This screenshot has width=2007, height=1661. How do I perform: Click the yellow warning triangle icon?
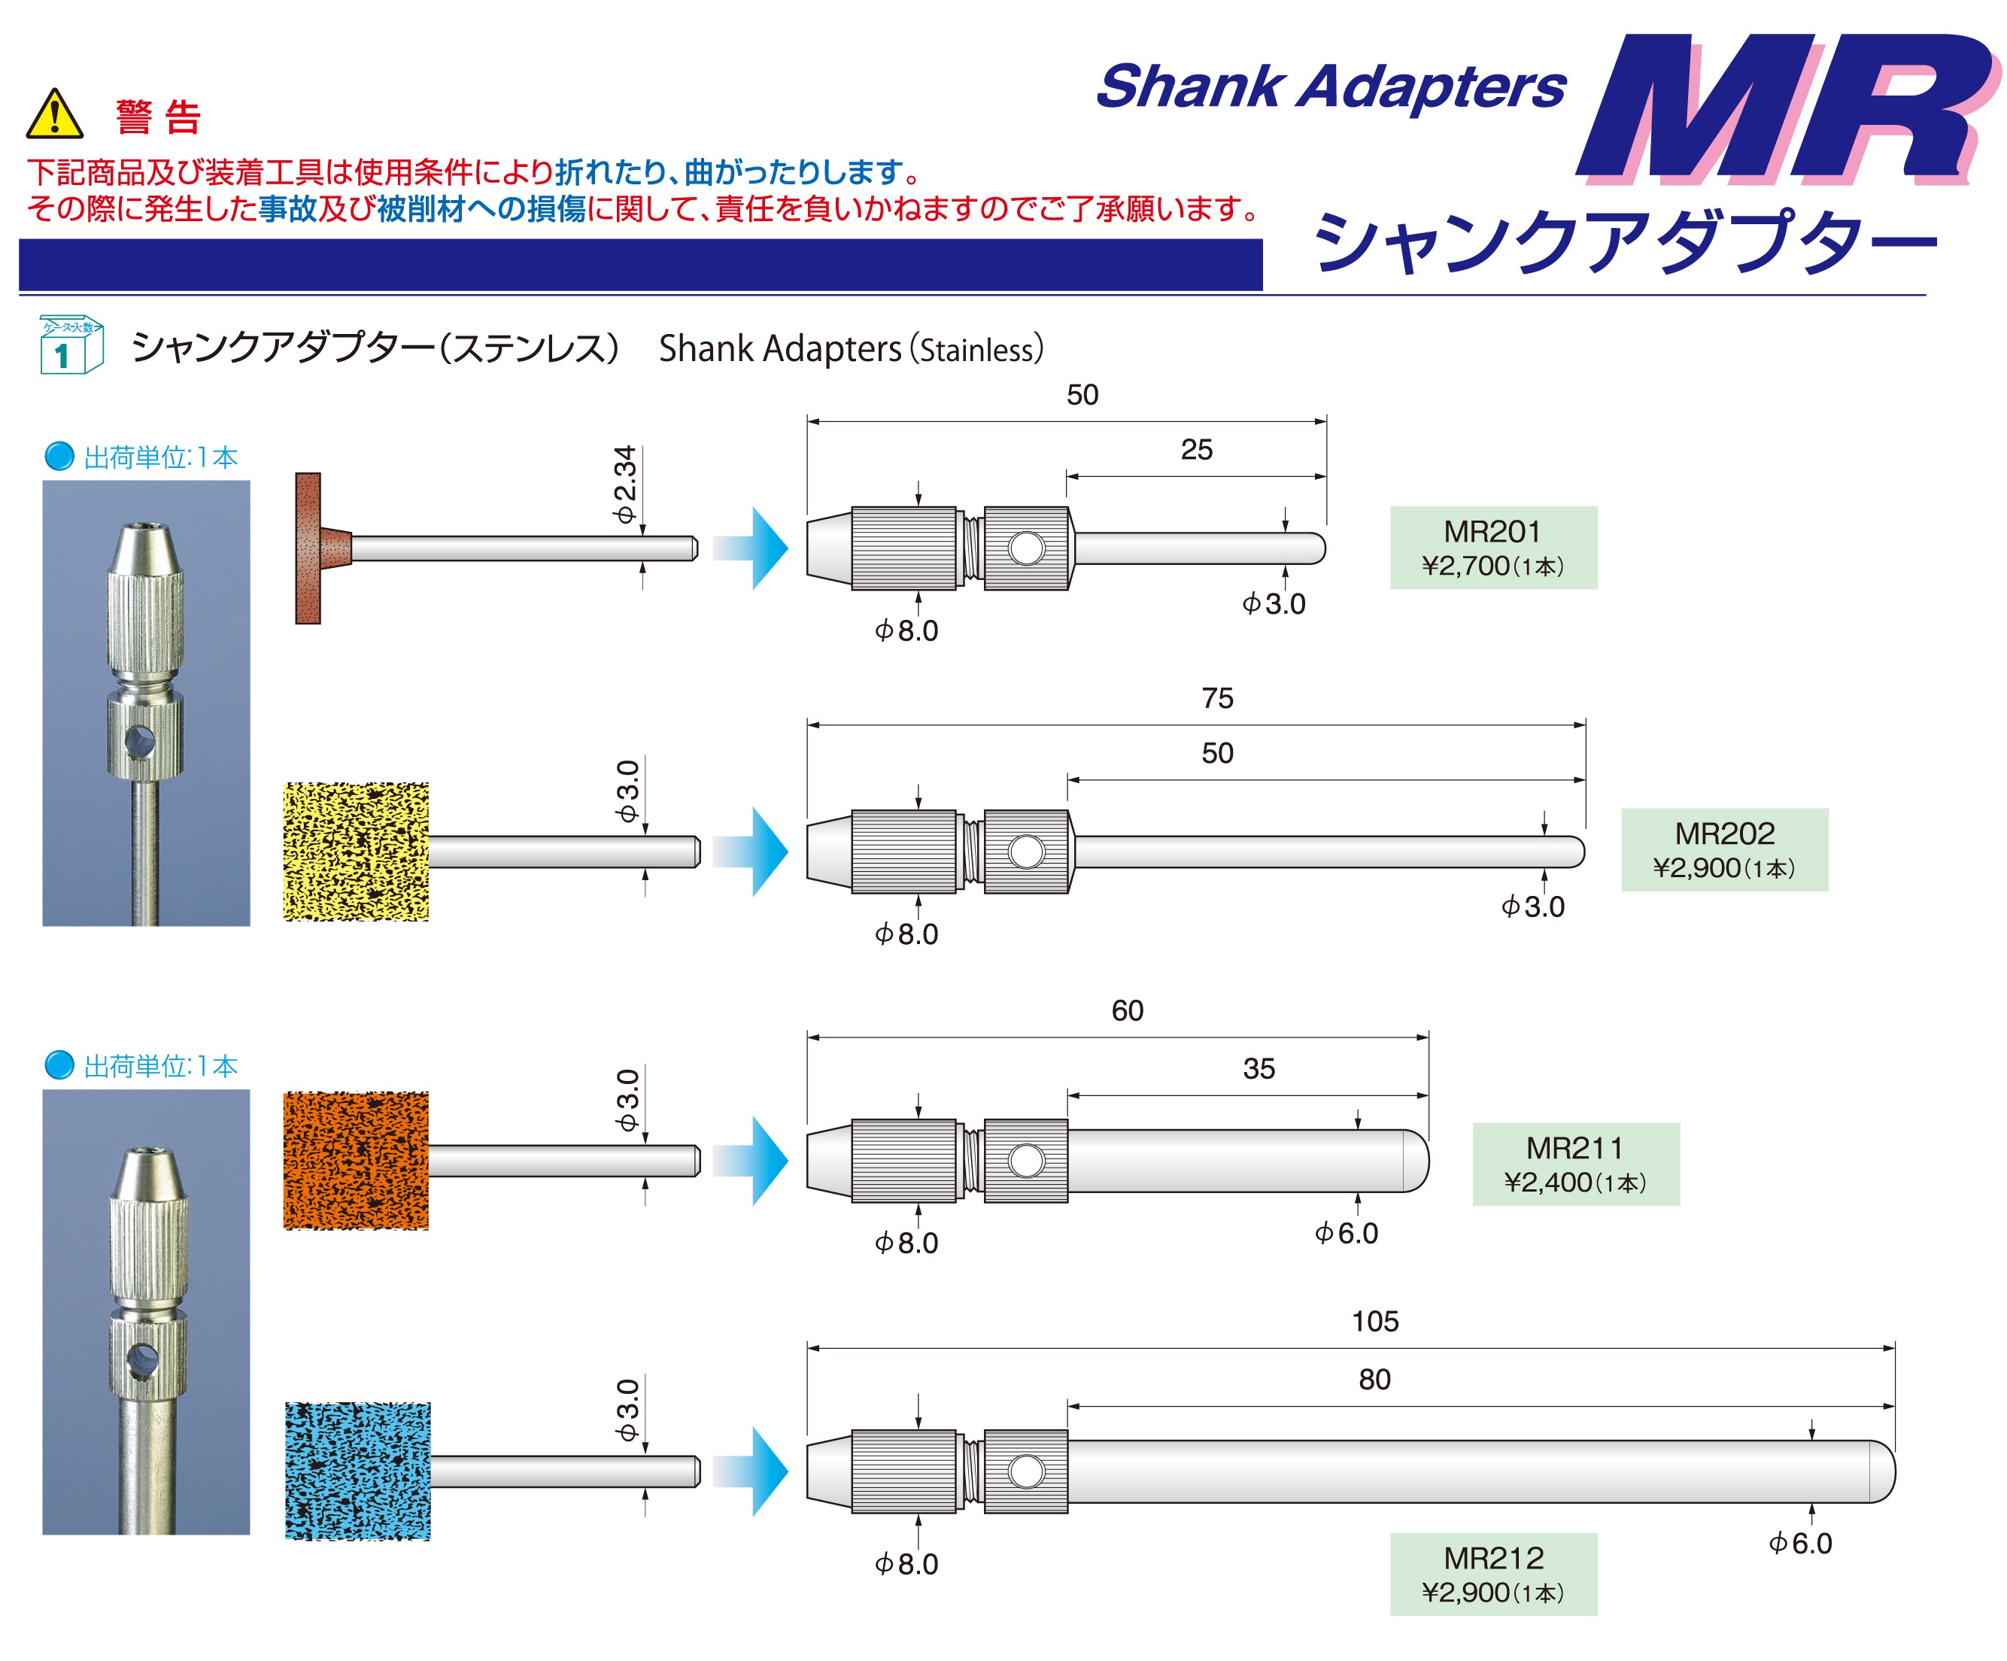54,114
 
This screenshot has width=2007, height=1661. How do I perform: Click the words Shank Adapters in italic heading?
1331,87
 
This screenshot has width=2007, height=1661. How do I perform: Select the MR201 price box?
1492,548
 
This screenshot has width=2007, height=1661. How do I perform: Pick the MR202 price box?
1724,849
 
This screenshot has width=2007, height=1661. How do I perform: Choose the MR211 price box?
1575,1164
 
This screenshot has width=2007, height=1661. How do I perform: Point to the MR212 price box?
1492,1574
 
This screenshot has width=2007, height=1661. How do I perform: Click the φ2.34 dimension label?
625,484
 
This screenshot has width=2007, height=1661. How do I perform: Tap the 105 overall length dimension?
1374,1322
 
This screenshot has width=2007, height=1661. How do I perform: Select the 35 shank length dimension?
1259,1068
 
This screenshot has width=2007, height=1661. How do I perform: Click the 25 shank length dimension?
1195,449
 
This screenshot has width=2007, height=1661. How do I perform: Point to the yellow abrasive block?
356,852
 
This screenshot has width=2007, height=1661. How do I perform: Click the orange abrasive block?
356,1160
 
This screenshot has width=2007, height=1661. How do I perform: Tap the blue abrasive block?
357,1471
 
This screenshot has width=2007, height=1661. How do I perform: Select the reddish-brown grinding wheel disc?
308,548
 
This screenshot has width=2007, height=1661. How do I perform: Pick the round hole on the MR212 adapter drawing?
1026,1471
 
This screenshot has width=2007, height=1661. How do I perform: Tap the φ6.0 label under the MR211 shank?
1346,1233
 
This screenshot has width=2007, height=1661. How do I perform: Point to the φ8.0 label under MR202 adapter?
906,934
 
